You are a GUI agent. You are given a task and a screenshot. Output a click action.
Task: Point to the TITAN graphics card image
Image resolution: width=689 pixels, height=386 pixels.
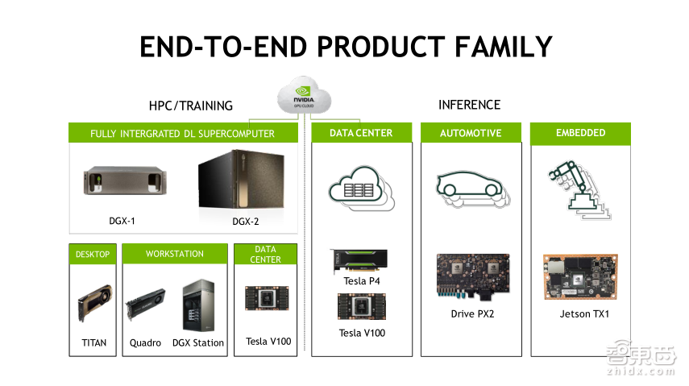(x=93, y=302)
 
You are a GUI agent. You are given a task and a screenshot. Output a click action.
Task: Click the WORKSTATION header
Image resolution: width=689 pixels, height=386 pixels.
(x=175, y=254)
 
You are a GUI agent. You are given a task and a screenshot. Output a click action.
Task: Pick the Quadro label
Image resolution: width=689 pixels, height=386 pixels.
(x=145, y=342)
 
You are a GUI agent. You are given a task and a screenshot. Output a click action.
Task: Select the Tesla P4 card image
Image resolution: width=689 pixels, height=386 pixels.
(x=359, y=260)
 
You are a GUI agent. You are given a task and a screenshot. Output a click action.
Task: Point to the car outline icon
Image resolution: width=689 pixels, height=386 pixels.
(x=471, y=187)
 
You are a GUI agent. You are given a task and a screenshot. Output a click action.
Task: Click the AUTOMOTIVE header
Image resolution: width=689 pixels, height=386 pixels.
(x=471, y=133)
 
